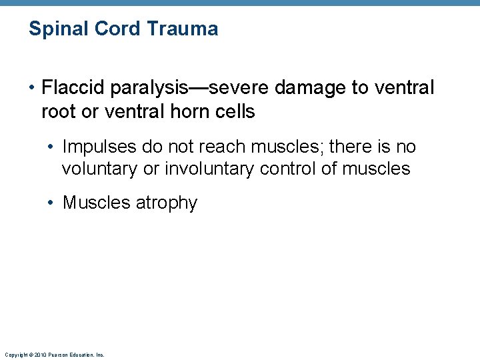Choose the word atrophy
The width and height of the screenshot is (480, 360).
coord(167,203)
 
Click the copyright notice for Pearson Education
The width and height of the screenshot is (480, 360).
coord(54,355)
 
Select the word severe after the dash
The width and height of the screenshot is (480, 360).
coord(237,88)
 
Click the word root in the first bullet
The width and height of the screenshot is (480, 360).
coord(57,112)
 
